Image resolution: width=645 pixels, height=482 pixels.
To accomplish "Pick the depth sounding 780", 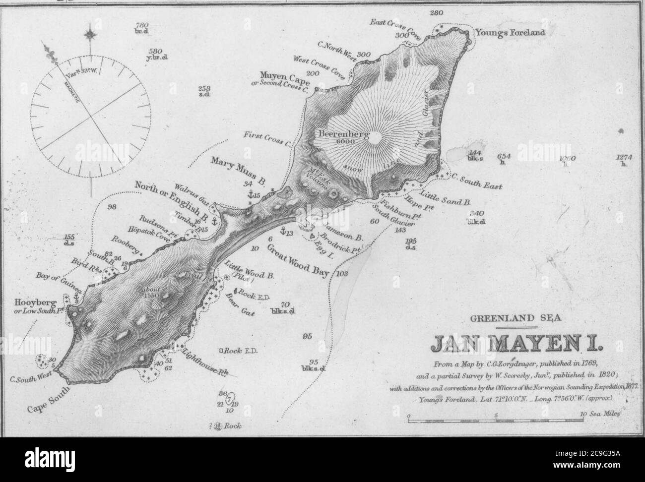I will pyautogui.click(x=142, y=25).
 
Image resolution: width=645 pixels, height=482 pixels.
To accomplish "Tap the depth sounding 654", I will pyautogui.click(x=504, y=156).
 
